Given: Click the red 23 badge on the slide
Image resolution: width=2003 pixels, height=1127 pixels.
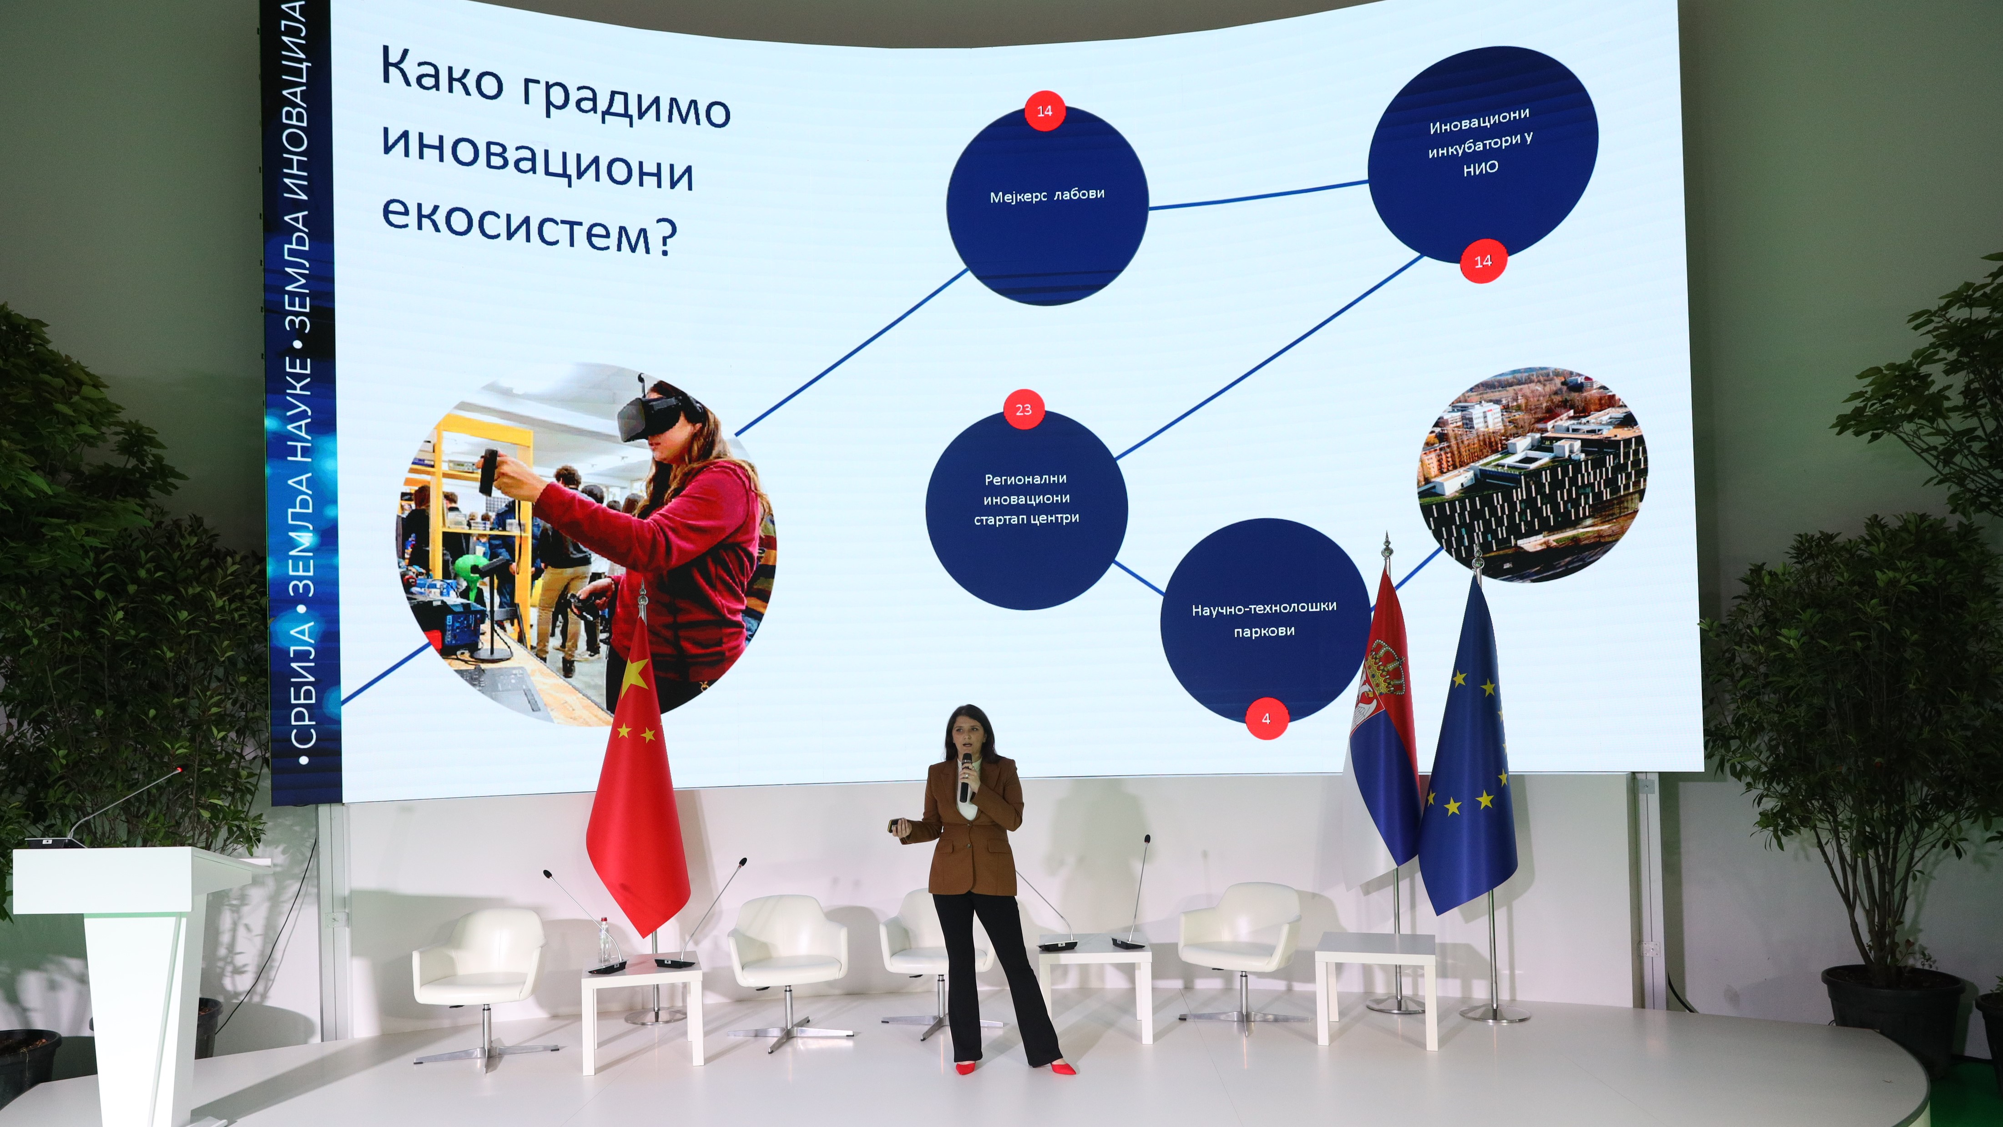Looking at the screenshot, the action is pos(1023,409).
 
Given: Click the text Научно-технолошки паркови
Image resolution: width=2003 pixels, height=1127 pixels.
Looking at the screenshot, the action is pos(1264,618).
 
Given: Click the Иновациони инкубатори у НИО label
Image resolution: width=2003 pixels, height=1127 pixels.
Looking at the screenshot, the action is pos(1480,142).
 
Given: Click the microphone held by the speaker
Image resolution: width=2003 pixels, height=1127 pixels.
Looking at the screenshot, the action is pos(966,776).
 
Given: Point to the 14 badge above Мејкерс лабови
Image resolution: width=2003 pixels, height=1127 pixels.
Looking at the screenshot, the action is pos(1044,111).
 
